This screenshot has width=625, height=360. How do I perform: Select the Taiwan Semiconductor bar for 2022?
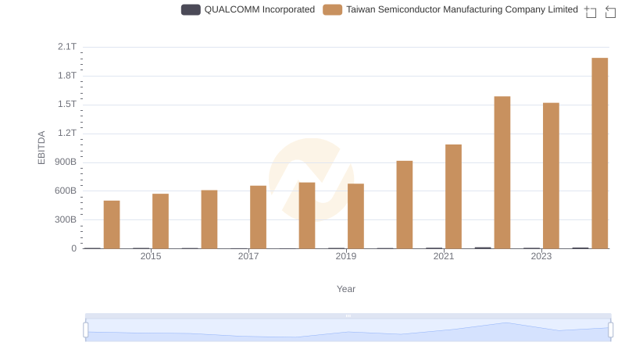tap(502, 173)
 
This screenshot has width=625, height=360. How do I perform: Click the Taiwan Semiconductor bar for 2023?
tap(551, 176)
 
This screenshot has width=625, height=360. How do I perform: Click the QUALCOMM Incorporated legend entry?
tap(248, 9)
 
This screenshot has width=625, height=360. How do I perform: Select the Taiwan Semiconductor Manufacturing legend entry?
tap(451, 9)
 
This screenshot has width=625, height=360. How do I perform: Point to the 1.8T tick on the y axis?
tap(67, 76)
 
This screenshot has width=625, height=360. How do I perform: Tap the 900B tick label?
tap(65, 162)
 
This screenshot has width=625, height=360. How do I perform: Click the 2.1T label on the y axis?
tap(67, 47)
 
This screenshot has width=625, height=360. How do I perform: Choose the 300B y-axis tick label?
tap(65, 220)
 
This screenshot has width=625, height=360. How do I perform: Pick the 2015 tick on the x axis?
tap(151, 256)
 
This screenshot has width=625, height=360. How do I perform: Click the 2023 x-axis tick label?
tap(541, 256)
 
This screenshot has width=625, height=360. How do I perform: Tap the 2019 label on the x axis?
tap(346, 256)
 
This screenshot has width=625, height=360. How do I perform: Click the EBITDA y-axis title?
tap(42, 148)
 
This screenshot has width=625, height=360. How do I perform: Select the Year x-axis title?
tap(346, 289)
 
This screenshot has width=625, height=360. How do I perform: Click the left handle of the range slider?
tap(86, 330)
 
